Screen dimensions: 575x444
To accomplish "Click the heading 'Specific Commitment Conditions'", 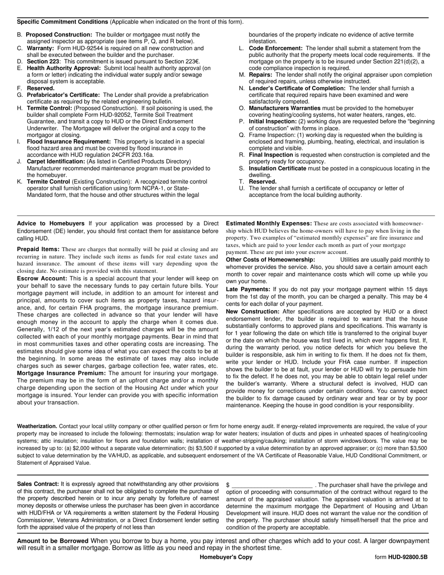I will (x=62, y=22).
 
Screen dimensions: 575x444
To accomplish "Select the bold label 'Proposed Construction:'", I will (x=59, y=35).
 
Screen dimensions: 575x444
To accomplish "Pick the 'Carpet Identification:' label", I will (x=56, y=161).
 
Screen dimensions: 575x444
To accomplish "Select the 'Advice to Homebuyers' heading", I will (x=50, y=223).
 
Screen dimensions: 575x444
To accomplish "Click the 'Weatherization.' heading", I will (x=37, y=426).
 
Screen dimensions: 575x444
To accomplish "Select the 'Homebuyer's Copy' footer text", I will (x=226, y=557).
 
